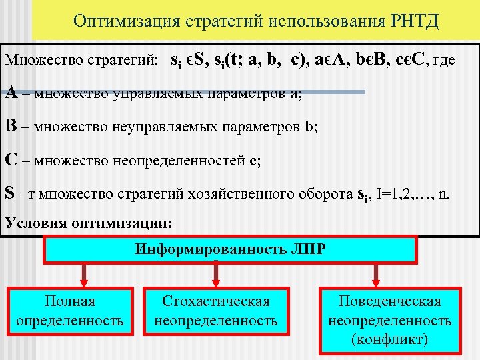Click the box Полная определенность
pos(70,311)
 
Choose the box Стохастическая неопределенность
pos(216,311)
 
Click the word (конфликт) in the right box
pos(389,339)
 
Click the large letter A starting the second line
pos(11,93)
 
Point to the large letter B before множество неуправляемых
pos(11,126)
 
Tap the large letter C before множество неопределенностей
pos(11,160)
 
